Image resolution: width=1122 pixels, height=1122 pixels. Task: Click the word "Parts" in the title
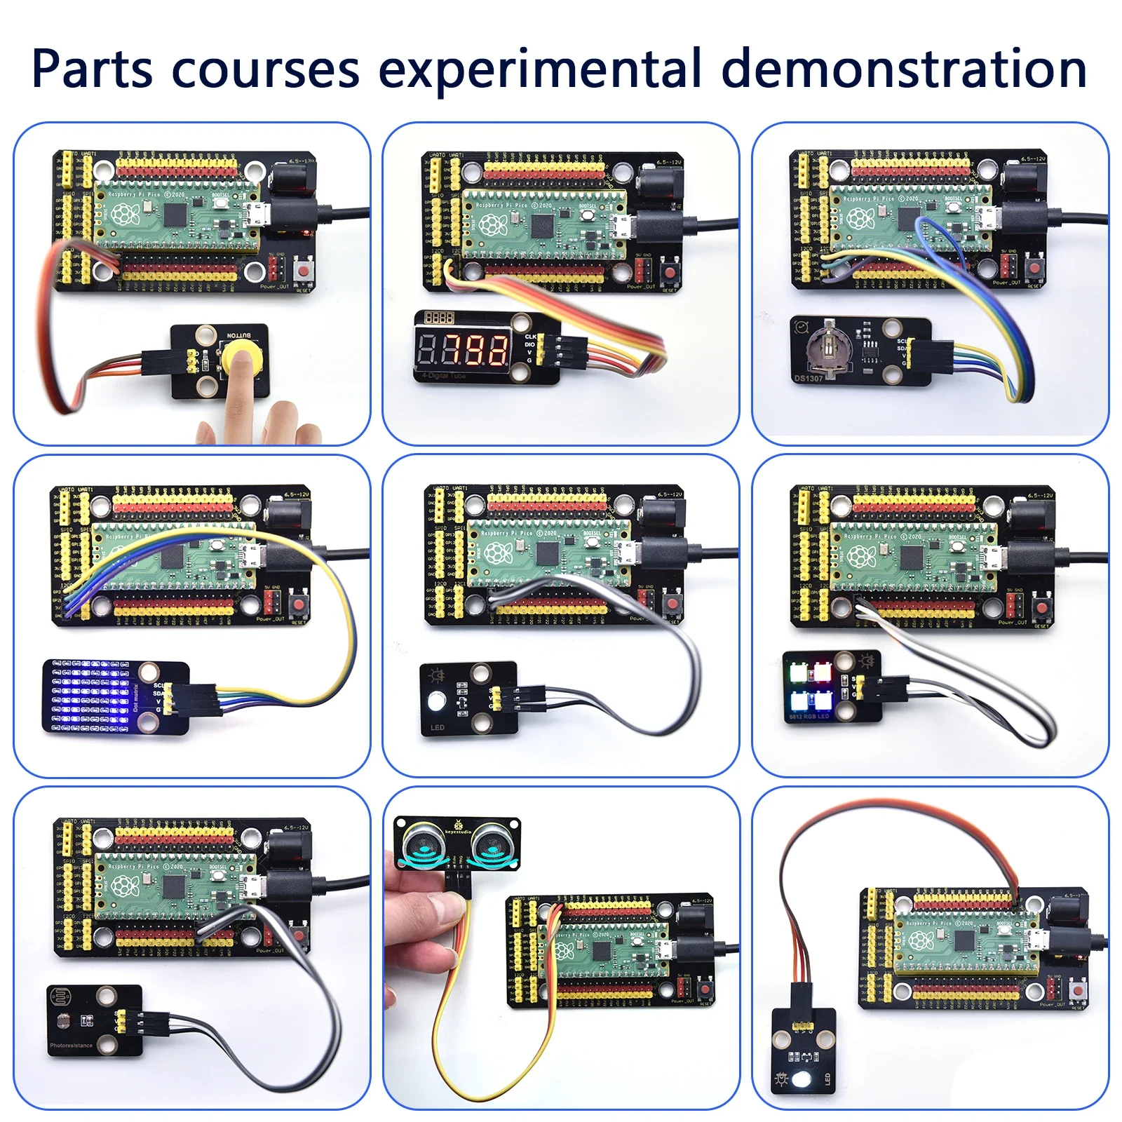pos(92,69)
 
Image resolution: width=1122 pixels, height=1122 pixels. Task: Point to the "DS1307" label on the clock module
pos(809,378)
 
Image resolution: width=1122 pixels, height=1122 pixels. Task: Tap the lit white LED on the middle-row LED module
pos(435,700)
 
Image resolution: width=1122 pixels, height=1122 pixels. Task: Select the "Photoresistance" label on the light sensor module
pos(71,1046)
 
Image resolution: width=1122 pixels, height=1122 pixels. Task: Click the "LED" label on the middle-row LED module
pos(437,728)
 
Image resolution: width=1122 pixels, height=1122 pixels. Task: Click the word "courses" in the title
pos(265,69)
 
